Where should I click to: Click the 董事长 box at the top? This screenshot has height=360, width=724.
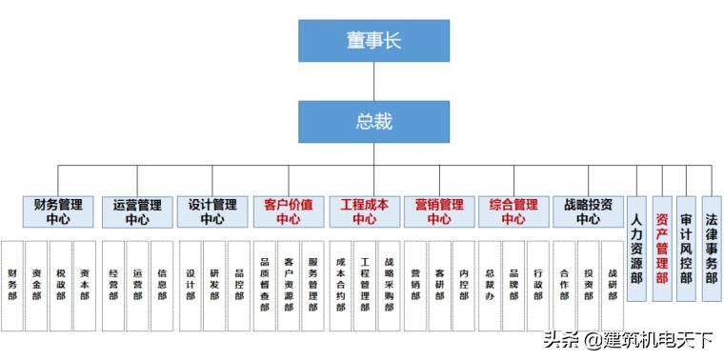click(x=373, y=41)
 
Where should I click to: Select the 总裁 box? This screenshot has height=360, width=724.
click(x=373, y=122)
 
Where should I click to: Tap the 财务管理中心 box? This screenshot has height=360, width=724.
click(x=58, y=211)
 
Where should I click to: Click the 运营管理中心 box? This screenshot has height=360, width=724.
click(x=137, y=211)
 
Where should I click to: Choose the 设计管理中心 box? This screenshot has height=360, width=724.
click(x=212, y=211)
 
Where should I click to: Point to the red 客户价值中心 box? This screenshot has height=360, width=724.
click(x=288, y=211)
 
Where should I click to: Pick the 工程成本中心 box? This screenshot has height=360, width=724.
click(x=364, y=211)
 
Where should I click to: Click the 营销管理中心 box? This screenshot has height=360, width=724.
click(x=439, y=211)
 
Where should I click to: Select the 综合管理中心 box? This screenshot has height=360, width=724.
click(x=513, y=211)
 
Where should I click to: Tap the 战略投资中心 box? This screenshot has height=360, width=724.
click(x=589, y=211)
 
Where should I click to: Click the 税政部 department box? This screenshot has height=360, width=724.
click(x=61, y=284)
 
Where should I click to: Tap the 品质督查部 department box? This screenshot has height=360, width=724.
click(x=265, y=284)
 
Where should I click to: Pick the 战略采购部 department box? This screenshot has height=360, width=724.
click(x=389, y=284)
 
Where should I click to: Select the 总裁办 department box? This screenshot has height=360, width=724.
click(x=490, y=284)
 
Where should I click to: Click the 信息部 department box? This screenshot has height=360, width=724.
click(x=163, y=284)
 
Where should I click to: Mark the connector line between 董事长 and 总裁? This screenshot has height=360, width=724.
click(x=373, y=82)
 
